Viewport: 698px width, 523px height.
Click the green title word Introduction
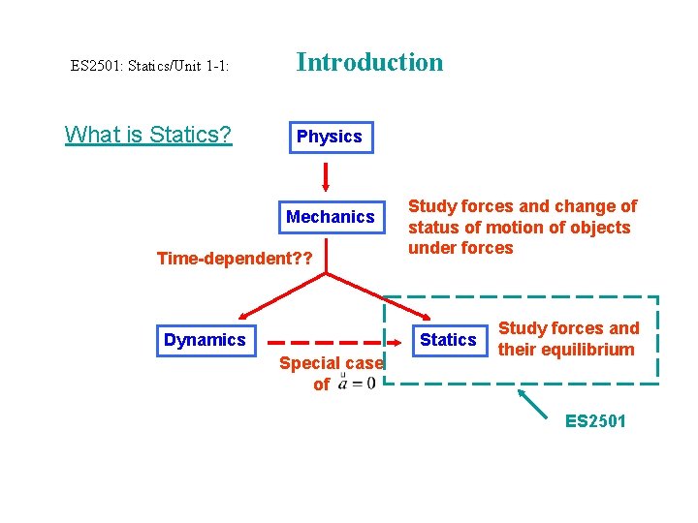pyautogui.click(x=369, y=63)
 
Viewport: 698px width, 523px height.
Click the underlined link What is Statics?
pyautogui.click(x=148, y=135)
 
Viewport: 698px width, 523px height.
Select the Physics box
pyautogui.click(x=329, y=137)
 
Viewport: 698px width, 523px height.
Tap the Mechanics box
pyautogui.click(x=330, y=217)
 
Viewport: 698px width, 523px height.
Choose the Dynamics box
pyautogui.click(x=205, y=340)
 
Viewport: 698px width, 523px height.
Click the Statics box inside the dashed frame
pyautogui.click(x=448, y=340)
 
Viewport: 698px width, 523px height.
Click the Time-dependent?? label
pyautogui.click(x=236, y=259)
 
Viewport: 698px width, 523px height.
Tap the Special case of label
pyautogui.click(x=331, y=373)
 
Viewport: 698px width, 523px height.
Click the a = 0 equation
pyautogui.click(x=355, y=383)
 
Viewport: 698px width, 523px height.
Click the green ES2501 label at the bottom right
pyautogui.click(x=595, y=421)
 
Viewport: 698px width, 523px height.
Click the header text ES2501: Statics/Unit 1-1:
pyautogui.click(x=149, y=66)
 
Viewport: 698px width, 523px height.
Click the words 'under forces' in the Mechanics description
pyautogui.click(x=460, y=248)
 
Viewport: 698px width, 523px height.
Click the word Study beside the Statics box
pyautogui.click(x=522, y=328)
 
